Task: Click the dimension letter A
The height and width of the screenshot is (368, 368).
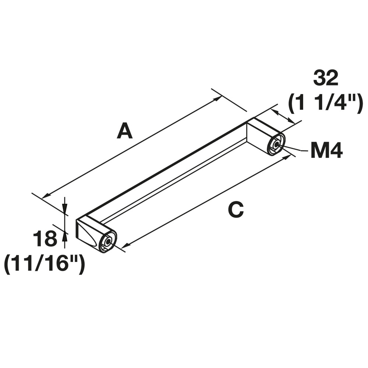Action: pyautogui.click(x=124, y=131)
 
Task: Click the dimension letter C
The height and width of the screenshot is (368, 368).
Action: pyautogui.click(x=236, y=210)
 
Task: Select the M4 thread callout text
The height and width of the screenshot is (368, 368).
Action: pyautogui.click(x=327, y=151)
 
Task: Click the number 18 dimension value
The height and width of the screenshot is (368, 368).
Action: pyautogui.click(x=45, y=239)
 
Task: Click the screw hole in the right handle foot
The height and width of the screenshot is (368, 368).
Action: pyautogui.click(x=275, y=145)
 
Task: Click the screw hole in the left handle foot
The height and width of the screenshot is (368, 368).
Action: pyautogui.click(x=107, y=243)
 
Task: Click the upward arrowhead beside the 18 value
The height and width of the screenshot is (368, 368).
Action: pyautogui.click(x=65, y=234)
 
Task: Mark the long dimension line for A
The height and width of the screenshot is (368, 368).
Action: pyautogui.click(x=132, y=148)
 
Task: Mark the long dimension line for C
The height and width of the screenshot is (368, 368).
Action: pyautogui.click(x=206, y=201)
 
